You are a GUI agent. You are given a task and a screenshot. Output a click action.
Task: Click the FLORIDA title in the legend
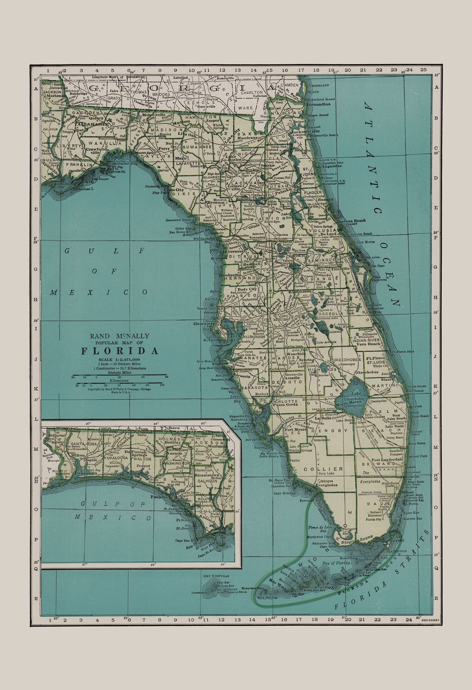[120, 351]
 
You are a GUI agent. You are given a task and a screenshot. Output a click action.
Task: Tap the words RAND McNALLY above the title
[120, 336]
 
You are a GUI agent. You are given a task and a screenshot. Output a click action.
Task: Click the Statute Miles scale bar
[119, 375]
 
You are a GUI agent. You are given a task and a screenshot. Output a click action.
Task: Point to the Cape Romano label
[284, 493]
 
